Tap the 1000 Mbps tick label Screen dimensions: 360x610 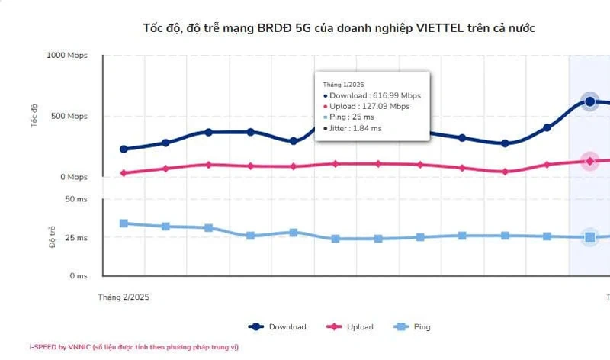coord(67,56)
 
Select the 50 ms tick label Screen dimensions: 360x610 coord(75,199)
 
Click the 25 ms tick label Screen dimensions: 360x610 coord(75,238)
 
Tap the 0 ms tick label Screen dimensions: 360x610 coord(78,276)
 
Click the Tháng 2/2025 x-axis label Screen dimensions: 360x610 coord(124,297)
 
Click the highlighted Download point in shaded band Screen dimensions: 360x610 coord(589,101)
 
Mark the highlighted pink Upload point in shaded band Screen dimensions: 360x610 coord(589,161)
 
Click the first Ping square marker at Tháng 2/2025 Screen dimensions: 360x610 coord(124,223)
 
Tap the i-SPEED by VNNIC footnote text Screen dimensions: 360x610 coord(133,347)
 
